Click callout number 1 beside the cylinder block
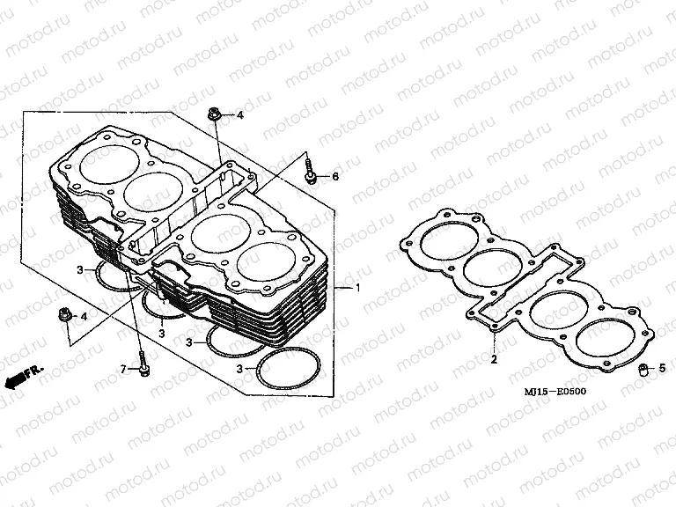(357, 288)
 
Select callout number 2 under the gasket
(494, 359)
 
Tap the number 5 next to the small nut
(661, 368)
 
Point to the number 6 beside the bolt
(334, 177)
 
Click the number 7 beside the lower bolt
(124, 369)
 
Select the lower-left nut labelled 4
(64, 314)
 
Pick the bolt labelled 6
(311, 173)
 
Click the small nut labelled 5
(643, 368)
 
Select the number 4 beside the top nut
(238, 115)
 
